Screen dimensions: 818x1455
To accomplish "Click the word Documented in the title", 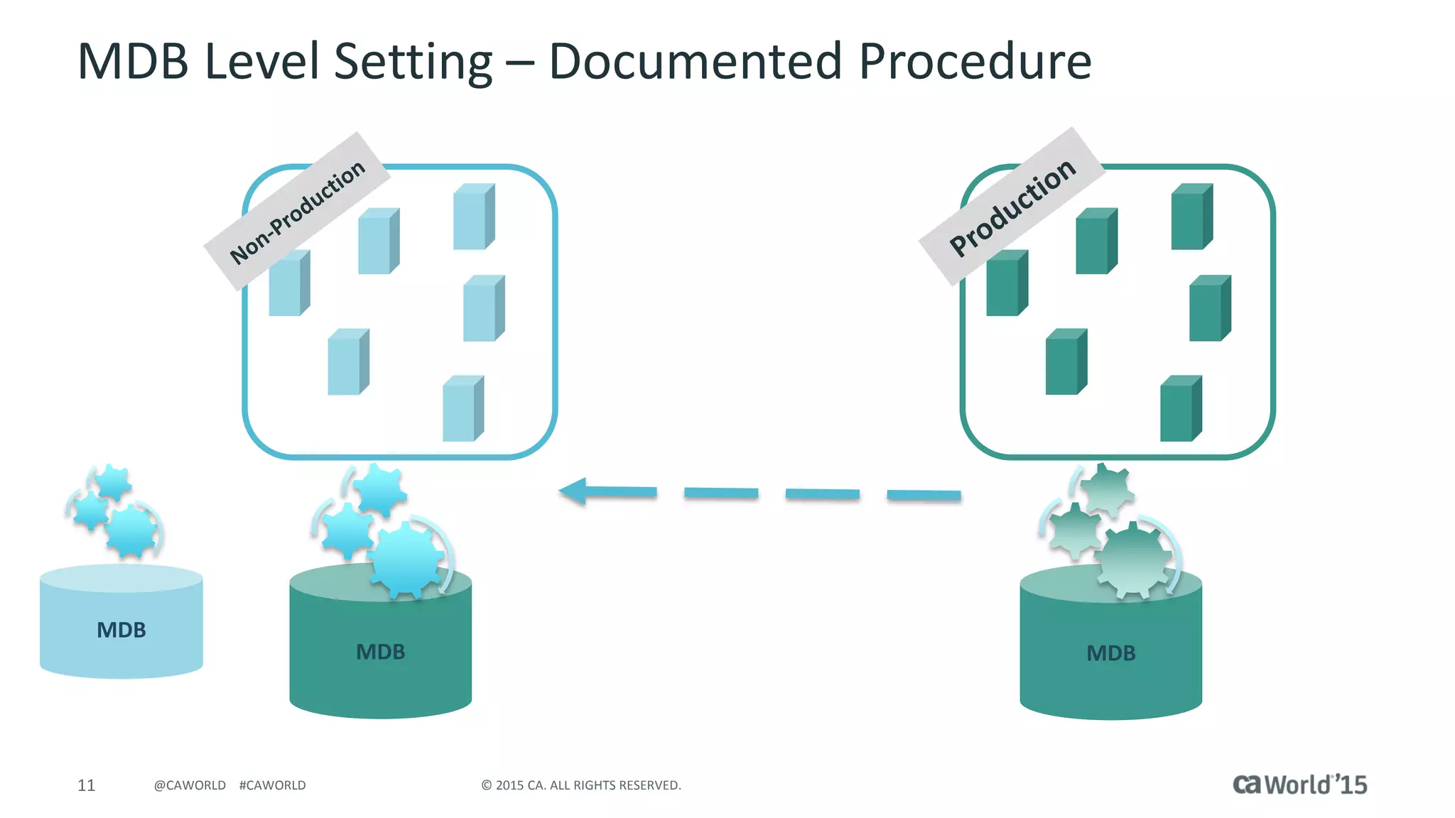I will pyautogui.click(x=696, y=61).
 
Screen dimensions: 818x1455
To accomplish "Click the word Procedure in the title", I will pyautogui.click(x=975, y=61).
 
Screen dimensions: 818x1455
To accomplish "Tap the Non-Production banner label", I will pyautogui.click(x=297, y=212).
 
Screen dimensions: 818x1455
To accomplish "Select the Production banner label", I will pyautogui.click(x=1012, y=207).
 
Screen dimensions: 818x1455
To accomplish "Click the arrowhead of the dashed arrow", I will pyautogui.click(x=574, y=491).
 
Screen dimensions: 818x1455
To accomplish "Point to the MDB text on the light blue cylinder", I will pyautogui.click(x=121, y=630).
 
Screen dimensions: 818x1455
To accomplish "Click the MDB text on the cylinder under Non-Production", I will pyautogui.click(x=380, y=652).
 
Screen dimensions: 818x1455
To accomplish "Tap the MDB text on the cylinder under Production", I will pyautogui.click(x=1110, y=653).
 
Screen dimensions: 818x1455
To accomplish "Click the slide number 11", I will pyautogui.click(x=86, y=785).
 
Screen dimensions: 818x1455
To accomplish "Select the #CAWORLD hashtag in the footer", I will pyautogui.click(x=272, y=785).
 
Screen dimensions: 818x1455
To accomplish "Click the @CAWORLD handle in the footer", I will pyautogui.click(x=190, y=785).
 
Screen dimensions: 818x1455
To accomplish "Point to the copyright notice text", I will pyautogui.click(x=580, y=785).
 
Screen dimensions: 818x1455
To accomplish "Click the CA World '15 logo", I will pyautogui.click(x=1299, y=785).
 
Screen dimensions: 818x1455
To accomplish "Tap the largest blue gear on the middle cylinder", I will pyautogui.click(x=405, y=559).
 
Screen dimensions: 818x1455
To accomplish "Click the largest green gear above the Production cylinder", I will pyautogui.click(x=1133, y=559).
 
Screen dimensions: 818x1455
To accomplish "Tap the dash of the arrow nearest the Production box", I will pyautogui.click(x=924, y=495).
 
